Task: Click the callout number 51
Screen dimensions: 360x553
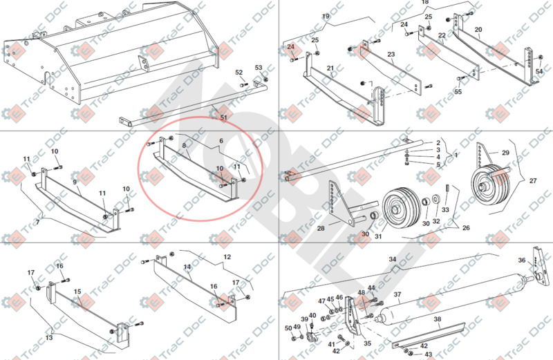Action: point(223,118)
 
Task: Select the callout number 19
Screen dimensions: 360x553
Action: point(326,16)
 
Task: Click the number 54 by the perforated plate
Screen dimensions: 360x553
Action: point(539,71)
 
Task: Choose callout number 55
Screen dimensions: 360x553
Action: point(458,91)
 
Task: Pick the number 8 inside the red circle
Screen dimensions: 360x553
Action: point(185,145)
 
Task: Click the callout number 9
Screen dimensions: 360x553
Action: point(75,183)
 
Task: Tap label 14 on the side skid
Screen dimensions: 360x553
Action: point(187,266)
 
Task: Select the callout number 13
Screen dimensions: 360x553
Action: point(49,338)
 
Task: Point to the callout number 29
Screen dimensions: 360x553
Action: point(505,152)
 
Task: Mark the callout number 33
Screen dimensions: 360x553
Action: point(446,210)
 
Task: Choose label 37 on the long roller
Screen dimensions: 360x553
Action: point(397,294)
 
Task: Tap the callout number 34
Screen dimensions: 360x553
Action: point(392,259)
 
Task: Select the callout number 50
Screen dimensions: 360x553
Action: point(288,328)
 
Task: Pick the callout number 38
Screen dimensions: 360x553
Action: point(437,319)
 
